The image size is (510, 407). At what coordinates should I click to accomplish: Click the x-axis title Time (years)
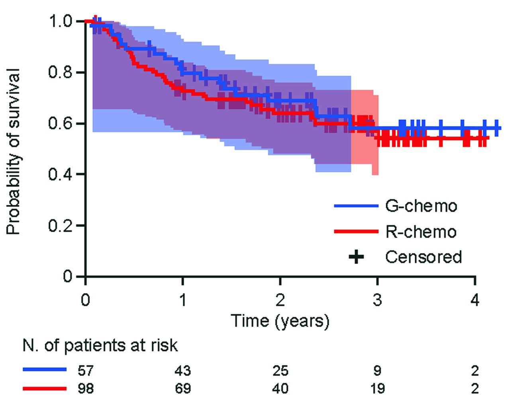click(280, 321)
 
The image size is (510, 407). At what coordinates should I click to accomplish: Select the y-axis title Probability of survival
click(14, 151)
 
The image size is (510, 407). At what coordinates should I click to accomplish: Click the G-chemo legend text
click(421, 206)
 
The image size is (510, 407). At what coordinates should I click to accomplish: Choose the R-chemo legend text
click(421, 232)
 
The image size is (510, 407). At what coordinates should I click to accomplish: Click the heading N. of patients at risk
click(100, 345)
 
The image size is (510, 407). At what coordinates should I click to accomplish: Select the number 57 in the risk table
click(85, 371)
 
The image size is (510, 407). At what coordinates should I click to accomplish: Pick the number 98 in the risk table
click(85, 388)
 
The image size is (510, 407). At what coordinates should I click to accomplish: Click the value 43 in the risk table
click(183, 371)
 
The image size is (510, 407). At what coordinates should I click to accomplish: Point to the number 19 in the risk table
click(377, 388)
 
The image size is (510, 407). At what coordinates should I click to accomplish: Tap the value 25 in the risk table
click(280, 371)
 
